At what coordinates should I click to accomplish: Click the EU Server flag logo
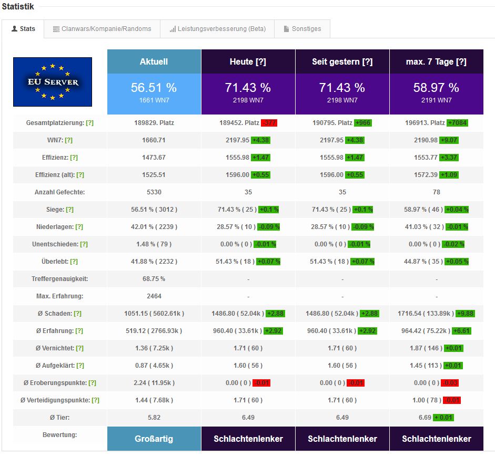[x=53, y=81]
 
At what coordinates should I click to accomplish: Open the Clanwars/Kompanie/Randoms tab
[x=102, y=29]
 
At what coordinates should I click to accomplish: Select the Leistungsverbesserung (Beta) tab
[x=217, y=29]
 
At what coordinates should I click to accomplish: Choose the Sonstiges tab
[x=302, y=29]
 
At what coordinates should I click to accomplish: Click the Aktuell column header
[x=154, y=61]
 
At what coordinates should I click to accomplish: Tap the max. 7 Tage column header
[x=436, y=61]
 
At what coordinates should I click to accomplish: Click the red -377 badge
[x=269, y=123]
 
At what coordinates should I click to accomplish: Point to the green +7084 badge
[x=457, y=123]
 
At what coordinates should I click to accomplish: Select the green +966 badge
[x=362, y=123]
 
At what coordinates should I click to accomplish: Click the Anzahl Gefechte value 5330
[x=154, y=192]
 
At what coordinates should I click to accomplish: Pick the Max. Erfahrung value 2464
[x=154, y=296]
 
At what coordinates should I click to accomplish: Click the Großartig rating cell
[x=154, y=439]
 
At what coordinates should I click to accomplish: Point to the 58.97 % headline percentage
[x=436, y=87]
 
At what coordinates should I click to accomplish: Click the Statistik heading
[x=18, y=7]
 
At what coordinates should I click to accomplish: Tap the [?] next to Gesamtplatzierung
[x=89, y=123]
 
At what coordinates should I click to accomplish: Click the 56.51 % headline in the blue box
[x=154, y=87]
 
